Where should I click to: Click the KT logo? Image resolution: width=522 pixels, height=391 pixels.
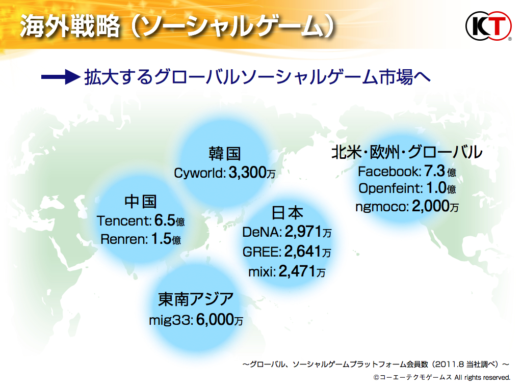(x=488, y=26)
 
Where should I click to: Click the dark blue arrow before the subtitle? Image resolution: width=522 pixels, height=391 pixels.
(x=61, y=77)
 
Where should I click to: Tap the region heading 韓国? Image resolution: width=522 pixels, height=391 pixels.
(x=225, y=154)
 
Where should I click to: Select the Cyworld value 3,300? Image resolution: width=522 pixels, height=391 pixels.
(x=247, y=173)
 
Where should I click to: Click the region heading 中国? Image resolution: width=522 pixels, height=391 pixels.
(x=141, y=202)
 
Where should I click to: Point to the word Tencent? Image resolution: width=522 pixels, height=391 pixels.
(x=124, y=221)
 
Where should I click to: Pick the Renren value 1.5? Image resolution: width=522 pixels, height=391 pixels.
(x=162, y=239)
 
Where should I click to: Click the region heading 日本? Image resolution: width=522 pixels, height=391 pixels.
(x=288, y=213)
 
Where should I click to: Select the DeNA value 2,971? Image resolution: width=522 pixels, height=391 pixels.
(x=303, y=232)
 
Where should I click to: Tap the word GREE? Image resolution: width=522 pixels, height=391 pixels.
(x=262, y=252)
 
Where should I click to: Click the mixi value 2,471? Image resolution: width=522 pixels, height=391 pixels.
(x=297, y=271)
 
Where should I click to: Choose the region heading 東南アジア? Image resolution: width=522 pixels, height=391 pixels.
(x=196, y=299)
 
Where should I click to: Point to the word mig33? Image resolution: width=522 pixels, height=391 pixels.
(x=170, y=321)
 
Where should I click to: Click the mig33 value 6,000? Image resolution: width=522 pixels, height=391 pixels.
(x=215, y=320)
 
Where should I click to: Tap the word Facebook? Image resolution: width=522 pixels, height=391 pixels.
(x=389, y=172)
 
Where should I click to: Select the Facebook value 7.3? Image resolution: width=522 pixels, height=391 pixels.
(x=434, y=171)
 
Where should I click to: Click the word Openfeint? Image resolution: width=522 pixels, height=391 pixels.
(x=390, y=188)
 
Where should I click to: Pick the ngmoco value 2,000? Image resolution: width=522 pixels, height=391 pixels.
(x=431, y=206)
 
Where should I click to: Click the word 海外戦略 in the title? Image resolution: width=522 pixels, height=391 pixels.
(x=70, y=26)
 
